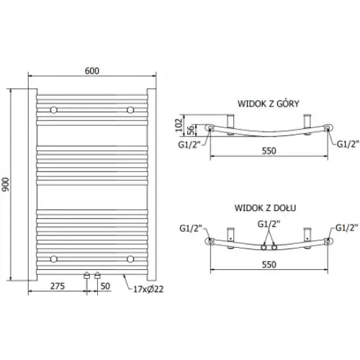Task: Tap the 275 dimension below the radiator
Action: click(x=58, y=286)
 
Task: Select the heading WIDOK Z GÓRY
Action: click(x=268, y=102)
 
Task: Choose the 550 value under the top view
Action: click(x=268, y=153)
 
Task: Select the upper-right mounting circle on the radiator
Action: click(x=130, y=110)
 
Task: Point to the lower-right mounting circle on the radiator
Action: click(x=130, y=257)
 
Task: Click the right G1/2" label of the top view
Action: click(x=348, y=143)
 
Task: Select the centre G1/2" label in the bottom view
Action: click(x=269, y=224)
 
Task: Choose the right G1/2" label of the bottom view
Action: click(x=346, y=230)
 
